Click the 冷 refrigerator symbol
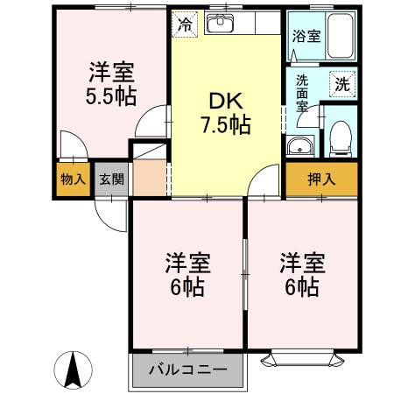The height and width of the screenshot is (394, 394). pyautogui.click(x=184, y=24)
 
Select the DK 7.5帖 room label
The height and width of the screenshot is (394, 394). pyautogui.click(x=224, y=112)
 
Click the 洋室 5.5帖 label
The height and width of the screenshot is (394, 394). pyautogui.click(x=109, y=82)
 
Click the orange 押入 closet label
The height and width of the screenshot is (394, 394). pyautogui.click(x=320, y=179)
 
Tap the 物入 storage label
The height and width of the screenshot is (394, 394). pyautogui.click(x=73, y=179)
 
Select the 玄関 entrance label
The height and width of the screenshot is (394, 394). pyautogui.click(x=110, y=179)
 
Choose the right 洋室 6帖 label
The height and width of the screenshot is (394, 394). pyautogui.click(x=300, y=273)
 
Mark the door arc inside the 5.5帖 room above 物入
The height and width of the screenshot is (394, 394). pyautogui.click(x=70, y=144)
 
